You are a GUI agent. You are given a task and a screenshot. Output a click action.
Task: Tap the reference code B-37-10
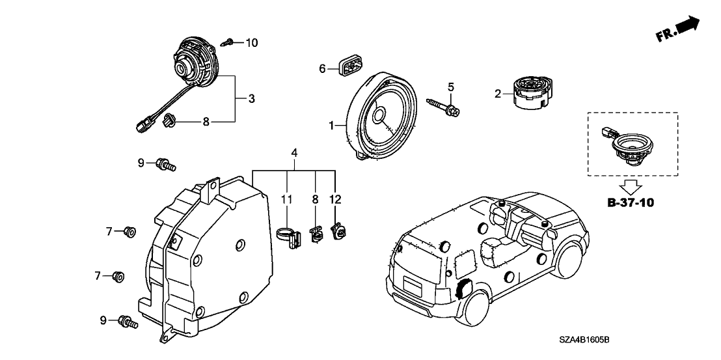pyautogui.click(x=631, y=202)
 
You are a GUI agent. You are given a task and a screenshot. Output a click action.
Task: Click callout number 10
pyautogui.click(x=251, y=43)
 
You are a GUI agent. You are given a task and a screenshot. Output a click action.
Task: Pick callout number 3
pyautogui.click(x=251, y=99)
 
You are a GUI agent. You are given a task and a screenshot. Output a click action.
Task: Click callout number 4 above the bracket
pyautogui.click(x=294, y=154)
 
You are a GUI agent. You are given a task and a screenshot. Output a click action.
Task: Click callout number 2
pyautogui.click(x=498, y=94)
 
